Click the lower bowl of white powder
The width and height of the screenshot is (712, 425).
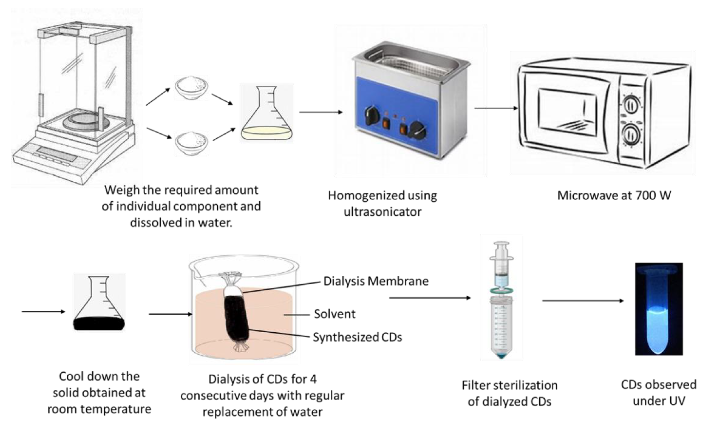(191, 143)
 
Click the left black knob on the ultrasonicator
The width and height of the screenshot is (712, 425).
(371, 115)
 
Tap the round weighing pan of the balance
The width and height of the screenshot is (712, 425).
(86, 122)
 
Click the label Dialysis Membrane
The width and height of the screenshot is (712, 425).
(376, 281)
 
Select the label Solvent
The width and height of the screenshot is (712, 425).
(335, 314)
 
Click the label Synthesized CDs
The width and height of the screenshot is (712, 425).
(357, 337)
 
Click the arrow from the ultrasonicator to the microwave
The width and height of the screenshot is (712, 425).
(496, 108)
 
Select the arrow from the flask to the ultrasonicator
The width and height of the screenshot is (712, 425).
(321, 112)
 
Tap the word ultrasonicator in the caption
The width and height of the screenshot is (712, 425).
(382, 212)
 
